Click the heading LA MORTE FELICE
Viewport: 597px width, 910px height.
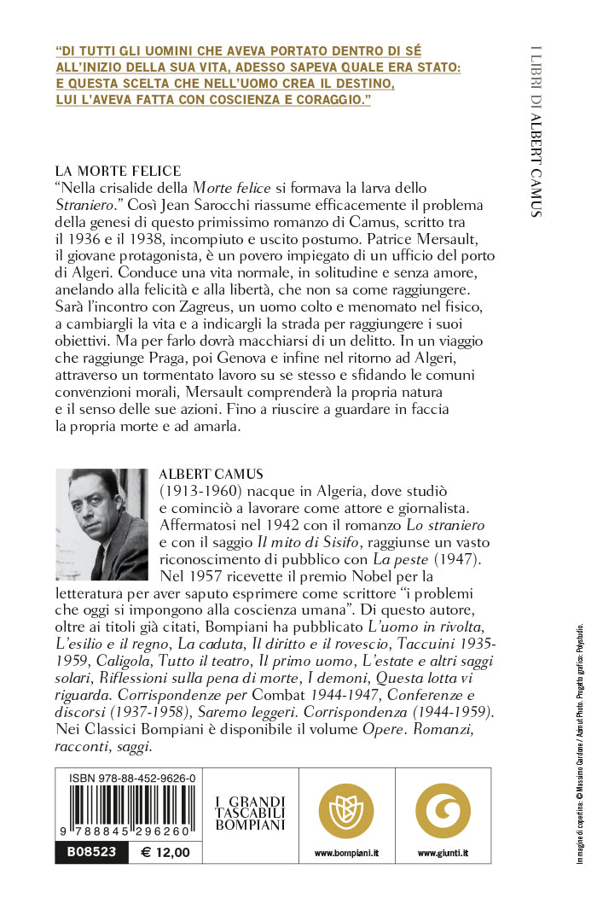pos(119,171)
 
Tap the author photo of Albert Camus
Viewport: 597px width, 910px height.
pos(103,524)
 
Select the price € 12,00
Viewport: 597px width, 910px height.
pos(165,852)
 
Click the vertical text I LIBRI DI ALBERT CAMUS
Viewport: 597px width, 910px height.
pos(536,128)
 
